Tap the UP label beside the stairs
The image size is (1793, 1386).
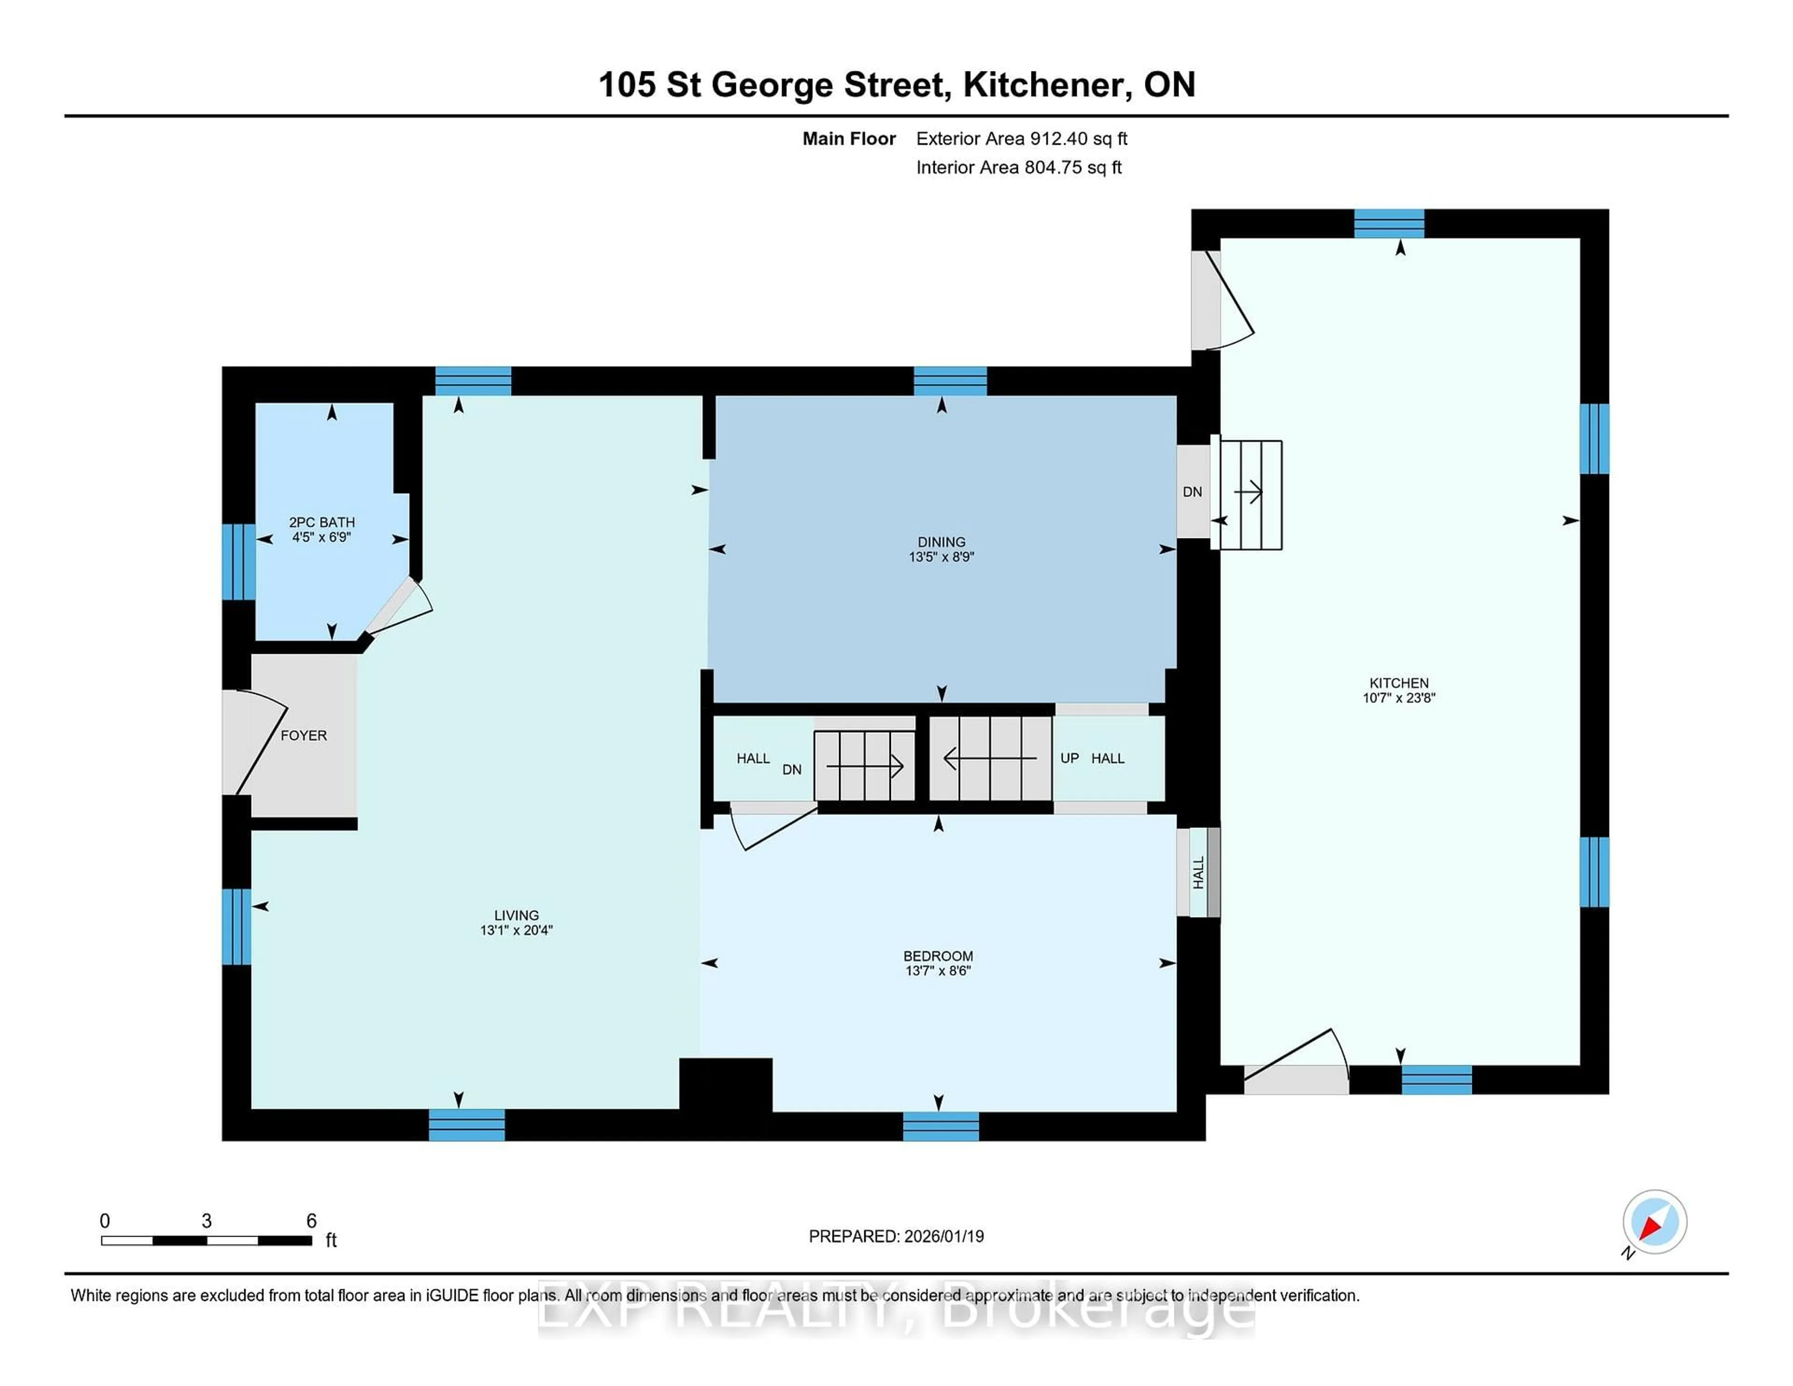coord(1069,758)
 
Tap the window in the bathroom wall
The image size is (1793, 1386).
coord(238,562)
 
